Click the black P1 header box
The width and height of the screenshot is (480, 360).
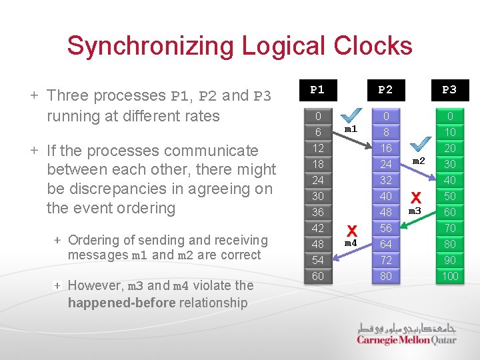(x=318, y=89)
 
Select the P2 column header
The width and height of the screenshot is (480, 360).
(x=385, y=89)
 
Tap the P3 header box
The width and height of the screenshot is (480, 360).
(x=450, y=89)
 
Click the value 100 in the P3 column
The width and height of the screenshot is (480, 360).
(x=450, y=276)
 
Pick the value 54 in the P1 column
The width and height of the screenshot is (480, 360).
(x=318, y=260)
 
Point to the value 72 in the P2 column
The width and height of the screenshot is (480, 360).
(x=385, y=260)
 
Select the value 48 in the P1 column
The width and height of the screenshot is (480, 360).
(x=318, y=244)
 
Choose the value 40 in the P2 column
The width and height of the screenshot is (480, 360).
(x=385, y=196)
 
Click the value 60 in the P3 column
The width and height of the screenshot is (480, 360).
(x=450, y=212)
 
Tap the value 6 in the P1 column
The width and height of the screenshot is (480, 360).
(x=318, y=132)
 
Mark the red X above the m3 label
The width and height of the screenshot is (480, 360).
(x=416, y=197)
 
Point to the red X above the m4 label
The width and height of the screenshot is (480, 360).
(x=351, y=230)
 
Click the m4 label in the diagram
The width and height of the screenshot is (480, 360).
(x=351, y=243)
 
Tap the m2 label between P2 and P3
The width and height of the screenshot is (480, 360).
(x=418, y=161)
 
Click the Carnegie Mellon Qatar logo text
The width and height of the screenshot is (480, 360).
(x=407, y=339)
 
